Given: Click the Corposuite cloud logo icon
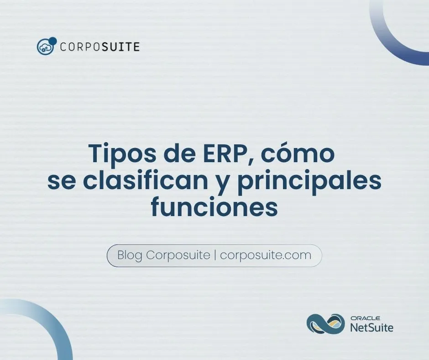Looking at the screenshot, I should [46, 46].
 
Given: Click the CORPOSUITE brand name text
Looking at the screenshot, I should [100, 47].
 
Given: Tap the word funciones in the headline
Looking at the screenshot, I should [214, 208].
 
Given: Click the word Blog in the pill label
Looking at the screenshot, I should [130, 255].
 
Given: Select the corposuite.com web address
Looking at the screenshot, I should [266, 255].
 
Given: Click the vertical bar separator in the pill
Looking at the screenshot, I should [215, 255].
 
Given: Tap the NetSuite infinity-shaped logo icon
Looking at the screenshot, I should [325, 323].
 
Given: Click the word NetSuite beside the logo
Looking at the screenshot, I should [371, 327].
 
